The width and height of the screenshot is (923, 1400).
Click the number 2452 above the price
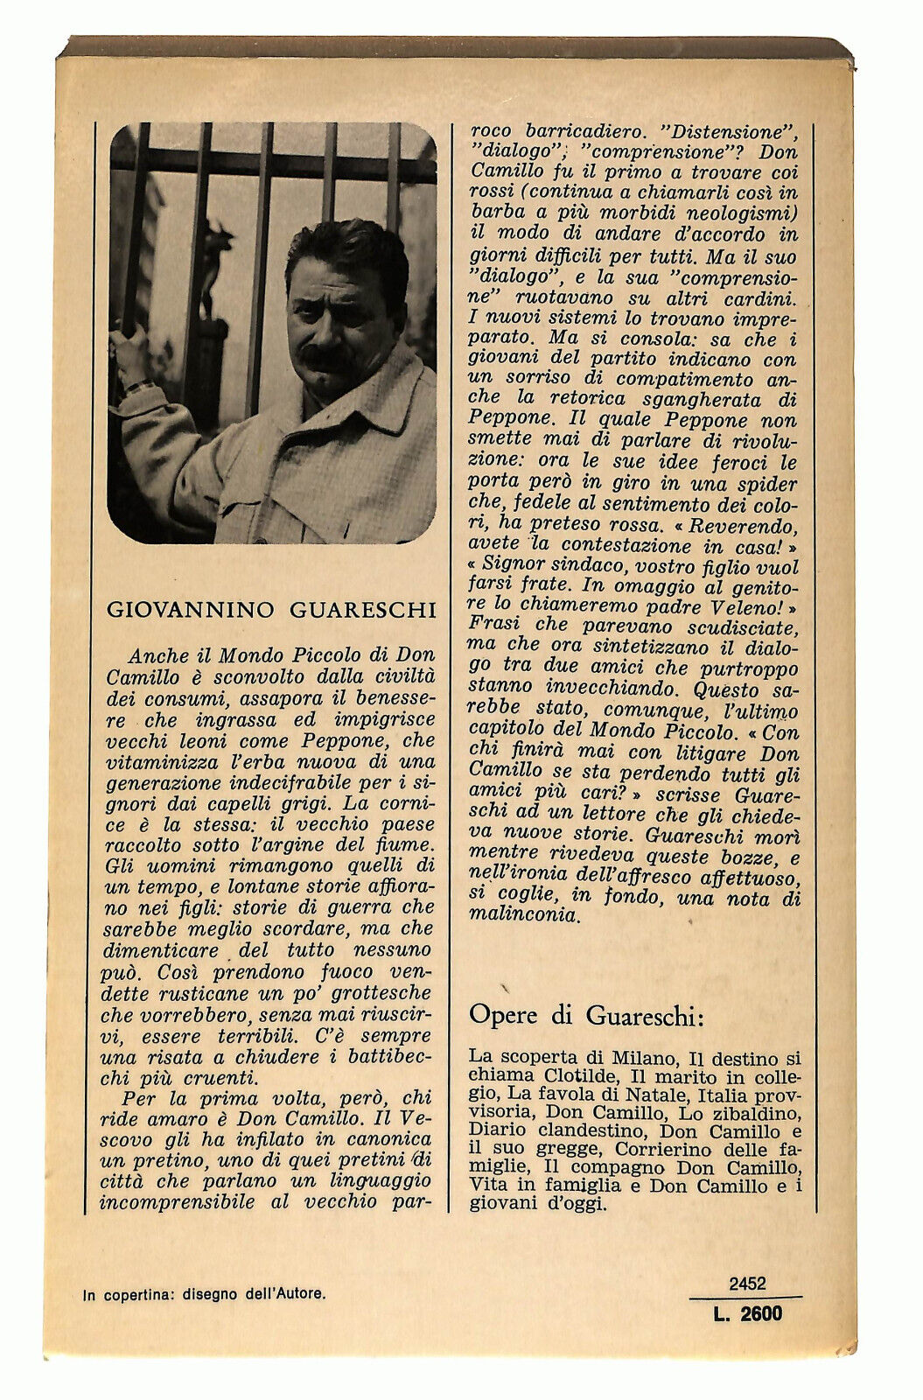(x=746, y=1284)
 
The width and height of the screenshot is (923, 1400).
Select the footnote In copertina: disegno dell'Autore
(x=205, y=1294)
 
